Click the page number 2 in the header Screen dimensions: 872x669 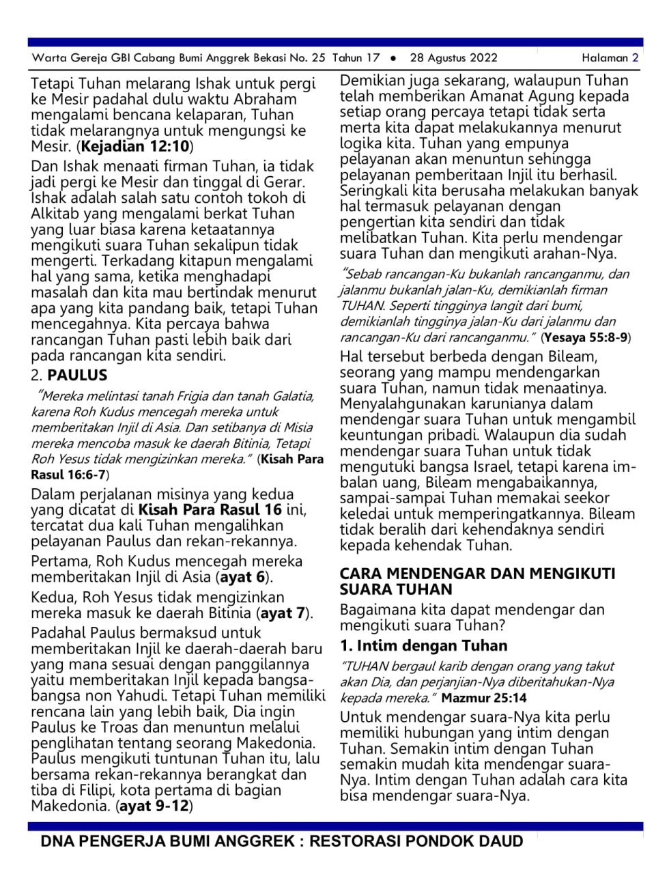(635, 58)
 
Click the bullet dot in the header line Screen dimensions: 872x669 (393, 58)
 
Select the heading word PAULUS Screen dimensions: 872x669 (77, 375)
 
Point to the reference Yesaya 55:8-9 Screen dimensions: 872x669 (586, 337)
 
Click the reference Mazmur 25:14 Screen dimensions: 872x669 (483, 698)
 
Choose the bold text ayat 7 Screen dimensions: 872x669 (283, 613)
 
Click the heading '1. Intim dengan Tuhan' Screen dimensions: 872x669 (423, 645)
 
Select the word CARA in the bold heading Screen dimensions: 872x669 (361, 574)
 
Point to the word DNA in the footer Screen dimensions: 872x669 (57, 841)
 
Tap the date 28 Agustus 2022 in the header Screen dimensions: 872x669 (453, 58)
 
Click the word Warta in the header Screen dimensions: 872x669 (49, 58)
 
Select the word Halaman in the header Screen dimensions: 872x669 (604, 58)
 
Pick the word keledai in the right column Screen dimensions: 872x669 (367, 514)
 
